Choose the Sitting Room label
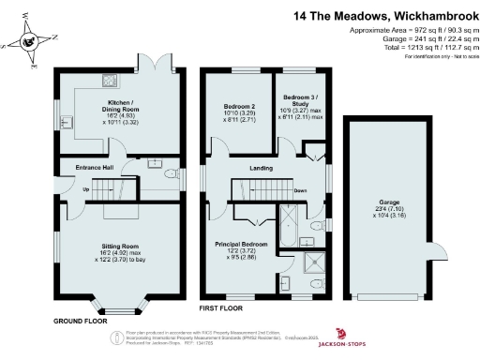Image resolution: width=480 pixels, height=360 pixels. click(119, 247)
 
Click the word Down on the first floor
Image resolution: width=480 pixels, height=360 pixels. click(300, 190)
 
